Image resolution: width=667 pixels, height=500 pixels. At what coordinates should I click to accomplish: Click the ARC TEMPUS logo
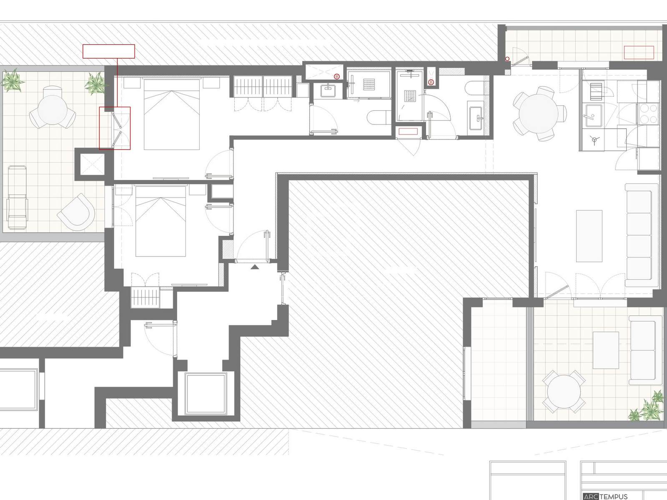[605, 496]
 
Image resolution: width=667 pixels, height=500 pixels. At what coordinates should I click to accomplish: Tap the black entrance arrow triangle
[255, 267]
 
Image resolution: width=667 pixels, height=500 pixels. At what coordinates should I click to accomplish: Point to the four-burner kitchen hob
[648, 114]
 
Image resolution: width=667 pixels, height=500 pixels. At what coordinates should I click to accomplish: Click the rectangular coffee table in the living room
[589, 236]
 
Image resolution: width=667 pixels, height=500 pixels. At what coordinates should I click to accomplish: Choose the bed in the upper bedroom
[172, 114]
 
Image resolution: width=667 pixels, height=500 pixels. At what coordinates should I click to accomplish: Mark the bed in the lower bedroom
[160, 221]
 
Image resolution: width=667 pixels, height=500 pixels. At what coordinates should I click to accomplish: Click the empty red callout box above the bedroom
[109, 51]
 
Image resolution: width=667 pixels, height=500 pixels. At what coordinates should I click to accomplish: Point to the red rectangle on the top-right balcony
[639, 52]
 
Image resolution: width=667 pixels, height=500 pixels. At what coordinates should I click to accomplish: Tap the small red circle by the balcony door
[507, 59]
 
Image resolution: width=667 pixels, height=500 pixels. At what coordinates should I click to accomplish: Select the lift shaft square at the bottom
[206, 394]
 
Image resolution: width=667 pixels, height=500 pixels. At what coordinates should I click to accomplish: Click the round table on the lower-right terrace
[564, 392]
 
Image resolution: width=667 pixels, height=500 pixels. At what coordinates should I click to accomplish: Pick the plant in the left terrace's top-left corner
[13, 80]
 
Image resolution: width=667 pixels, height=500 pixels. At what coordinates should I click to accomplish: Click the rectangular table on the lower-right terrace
[606, 350]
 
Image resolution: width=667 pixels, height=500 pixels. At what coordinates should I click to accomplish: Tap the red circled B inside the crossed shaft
[336, 77]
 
